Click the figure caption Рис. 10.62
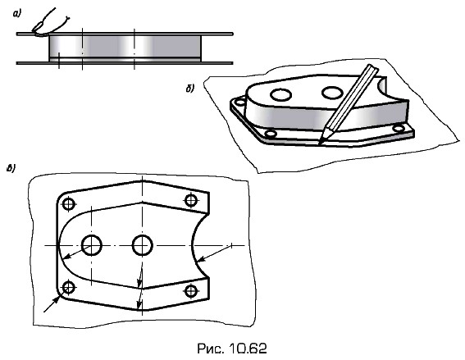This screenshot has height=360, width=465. point(232,349)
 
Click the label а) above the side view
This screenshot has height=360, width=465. point(17,13)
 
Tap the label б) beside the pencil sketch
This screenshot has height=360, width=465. point(190,89)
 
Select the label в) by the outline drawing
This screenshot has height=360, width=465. point(11,168)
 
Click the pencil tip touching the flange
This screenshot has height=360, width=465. point(319,144)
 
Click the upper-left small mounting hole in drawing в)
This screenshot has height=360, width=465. point(69,203)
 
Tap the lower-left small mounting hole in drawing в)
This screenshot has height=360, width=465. point(69,287)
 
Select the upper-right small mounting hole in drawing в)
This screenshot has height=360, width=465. point(191,200)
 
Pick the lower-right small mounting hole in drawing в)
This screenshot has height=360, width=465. point(191,291)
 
